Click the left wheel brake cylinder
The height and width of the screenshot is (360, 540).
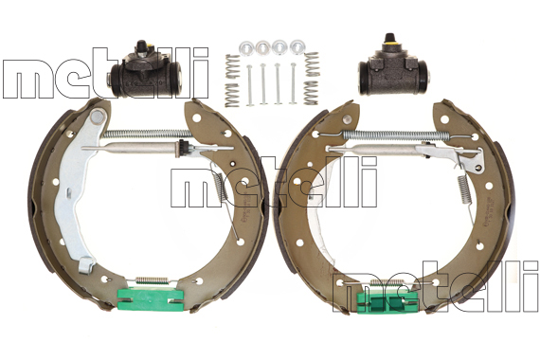tap(145, 73)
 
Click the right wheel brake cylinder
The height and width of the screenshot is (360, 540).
tap(392, 71)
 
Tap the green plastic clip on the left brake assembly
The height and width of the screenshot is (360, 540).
tap(150, 299)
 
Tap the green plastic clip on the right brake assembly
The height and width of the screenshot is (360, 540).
tap(387, 302)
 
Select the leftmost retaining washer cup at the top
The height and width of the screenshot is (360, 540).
tap(246, 47)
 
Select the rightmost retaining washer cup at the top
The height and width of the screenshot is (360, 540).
tap(297, 46)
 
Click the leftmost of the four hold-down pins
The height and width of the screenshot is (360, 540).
tap(249, 85)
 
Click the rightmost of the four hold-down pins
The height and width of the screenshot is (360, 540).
tap(293, 83)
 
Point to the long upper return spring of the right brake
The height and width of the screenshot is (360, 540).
tap(395, 135)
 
